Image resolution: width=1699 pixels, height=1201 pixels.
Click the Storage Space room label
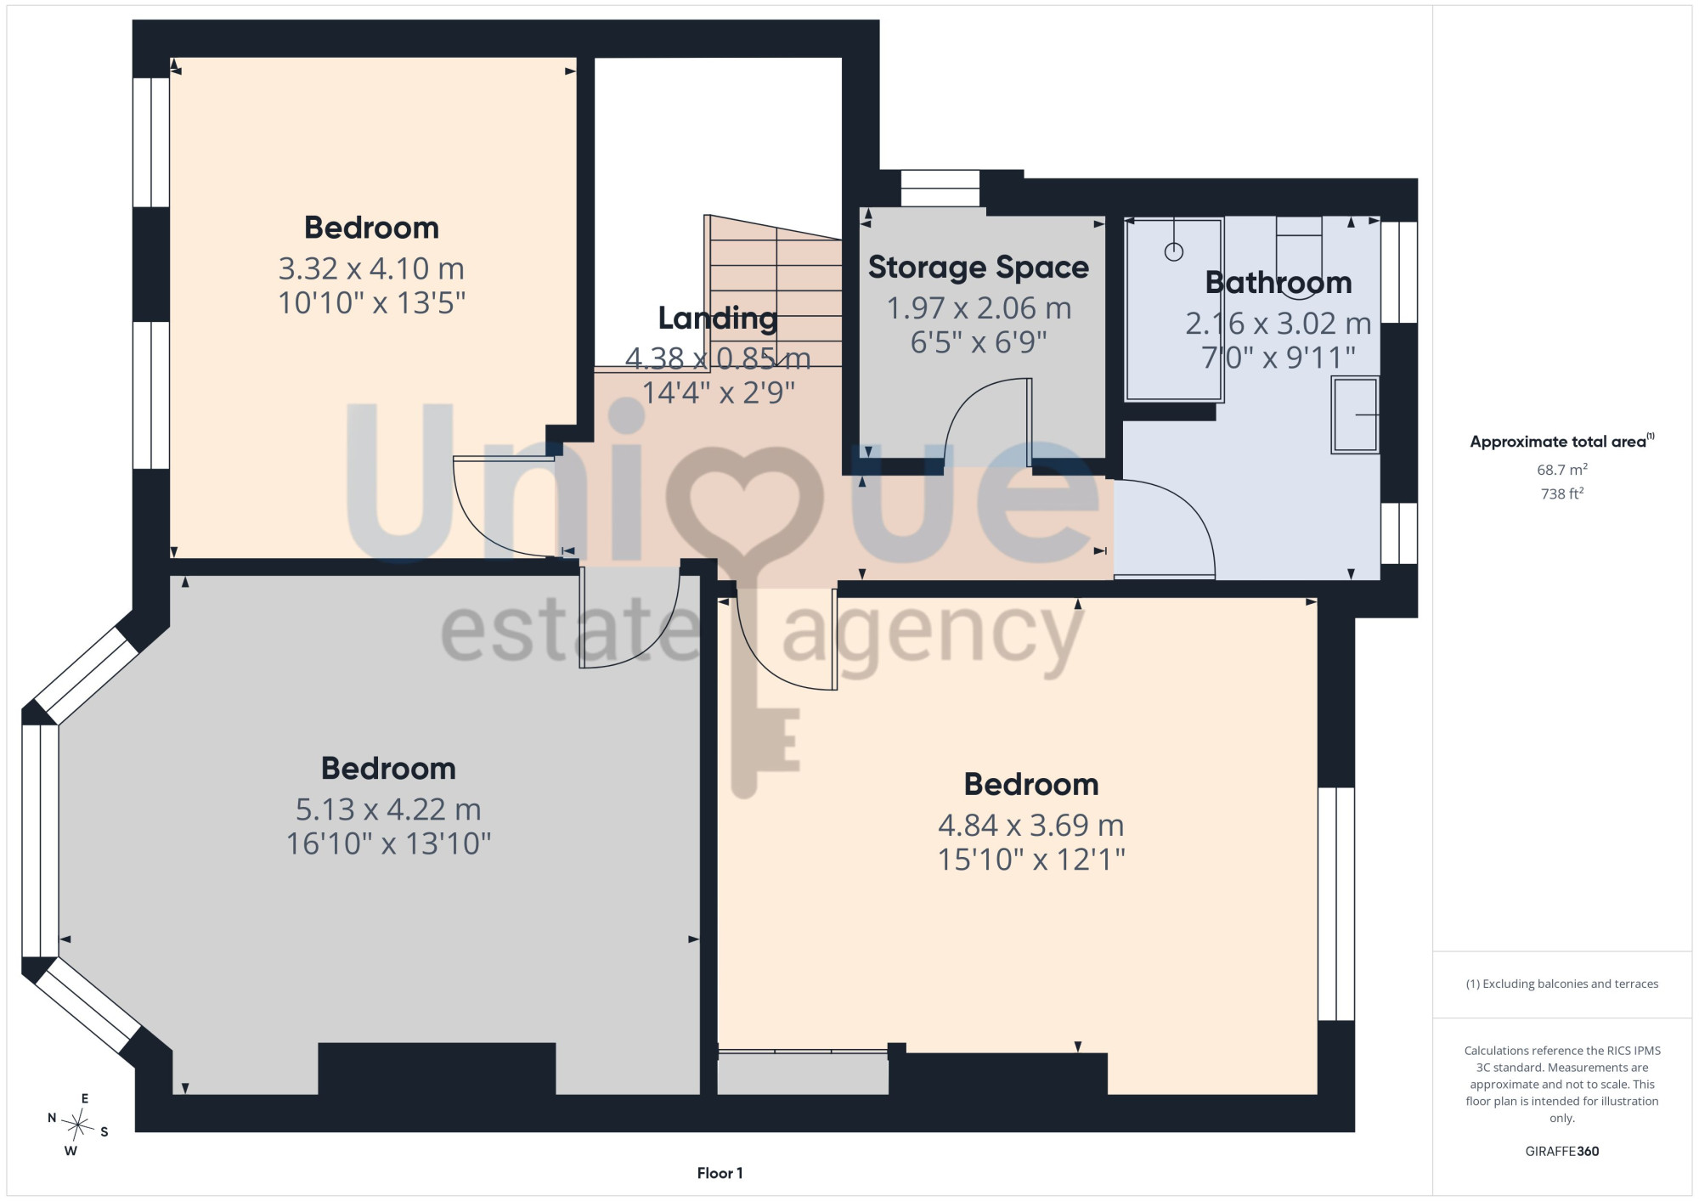(x=978, y=268)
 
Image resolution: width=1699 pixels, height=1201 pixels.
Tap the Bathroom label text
(x=1278, y=283)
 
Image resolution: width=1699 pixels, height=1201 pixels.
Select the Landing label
(x=718, y=319)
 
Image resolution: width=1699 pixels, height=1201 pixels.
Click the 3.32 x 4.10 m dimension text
(x=371, y=268)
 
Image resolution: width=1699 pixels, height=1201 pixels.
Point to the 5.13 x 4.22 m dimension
(x=388, y=809)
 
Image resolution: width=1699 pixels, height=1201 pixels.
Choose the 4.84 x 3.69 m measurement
(x=1030, y=826)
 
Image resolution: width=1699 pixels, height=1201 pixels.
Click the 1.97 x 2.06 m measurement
(x=979, y=308)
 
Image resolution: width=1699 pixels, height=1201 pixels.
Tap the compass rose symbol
(x=78, y=1125)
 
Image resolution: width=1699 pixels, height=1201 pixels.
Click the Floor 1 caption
(x=720, y=1173)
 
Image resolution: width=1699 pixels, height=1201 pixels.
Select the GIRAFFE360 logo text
(x=1561, y=1152)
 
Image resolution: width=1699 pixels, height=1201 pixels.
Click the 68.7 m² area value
(x=1561, y=470)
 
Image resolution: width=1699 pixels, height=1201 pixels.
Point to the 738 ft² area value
(x=1561, y=493)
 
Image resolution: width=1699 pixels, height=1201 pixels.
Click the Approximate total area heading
(x=1561, y=441)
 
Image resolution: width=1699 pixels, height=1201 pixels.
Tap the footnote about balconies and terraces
(x=1561, y=984)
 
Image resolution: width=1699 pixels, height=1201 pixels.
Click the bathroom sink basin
(x=1355, y=414)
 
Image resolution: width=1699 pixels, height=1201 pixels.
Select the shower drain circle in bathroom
(x=1174, y=251)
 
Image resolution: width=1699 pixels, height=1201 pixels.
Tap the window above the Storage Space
(x=940, y=188)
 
